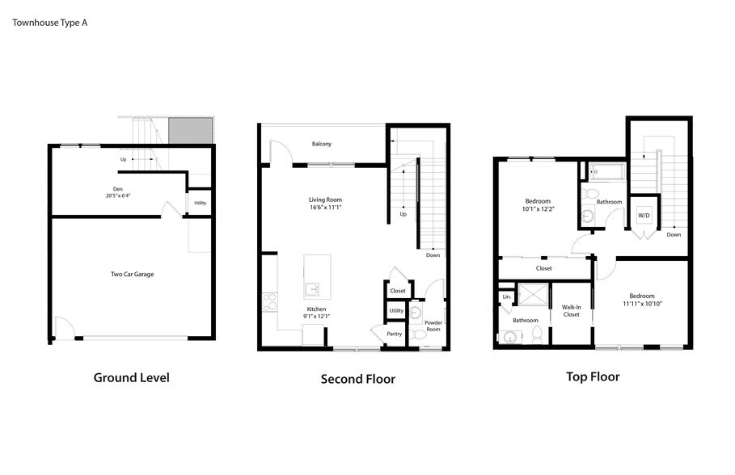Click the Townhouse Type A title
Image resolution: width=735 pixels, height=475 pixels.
49,23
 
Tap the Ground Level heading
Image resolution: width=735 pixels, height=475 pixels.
131,377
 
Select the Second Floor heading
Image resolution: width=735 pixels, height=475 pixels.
358,379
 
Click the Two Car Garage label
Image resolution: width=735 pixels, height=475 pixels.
132,274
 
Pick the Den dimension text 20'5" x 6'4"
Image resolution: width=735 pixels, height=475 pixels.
118,195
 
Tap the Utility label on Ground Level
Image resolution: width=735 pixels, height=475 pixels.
200,203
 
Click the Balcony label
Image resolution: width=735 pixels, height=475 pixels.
322,144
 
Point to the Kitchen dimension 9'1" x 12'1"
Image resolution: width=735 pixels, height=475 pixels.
317,316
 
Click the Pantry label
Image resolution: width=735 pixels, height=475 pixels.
395,334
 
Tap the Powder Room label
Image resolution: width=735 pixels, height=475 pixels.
433,326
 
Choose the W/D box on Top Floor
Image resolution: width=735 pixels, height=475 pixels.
644,216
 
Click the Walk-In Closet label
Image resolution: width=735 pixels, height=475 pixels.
572,310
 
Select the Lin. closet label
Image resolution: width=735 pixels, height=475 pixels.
506,296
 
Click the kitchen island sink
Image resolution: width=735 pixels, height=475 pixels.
313,289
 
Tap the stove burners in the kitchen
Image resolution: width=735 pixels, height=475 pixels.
270,301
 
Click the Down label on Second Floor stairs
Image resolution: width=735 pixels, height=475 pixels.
433,255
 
